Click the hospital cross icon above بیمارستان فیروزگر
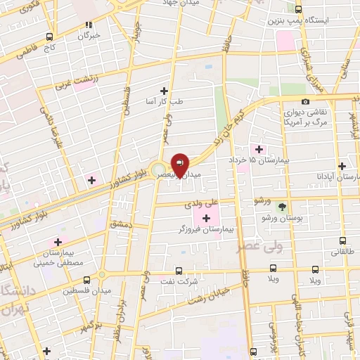pos(206,219)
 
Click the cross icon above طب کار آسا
pos(164,91)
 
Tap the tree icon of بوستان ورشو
pos(282,207)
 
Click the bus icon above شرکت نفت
pos(178,270)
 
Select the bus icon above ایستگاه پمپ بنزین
pos(298,9)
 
